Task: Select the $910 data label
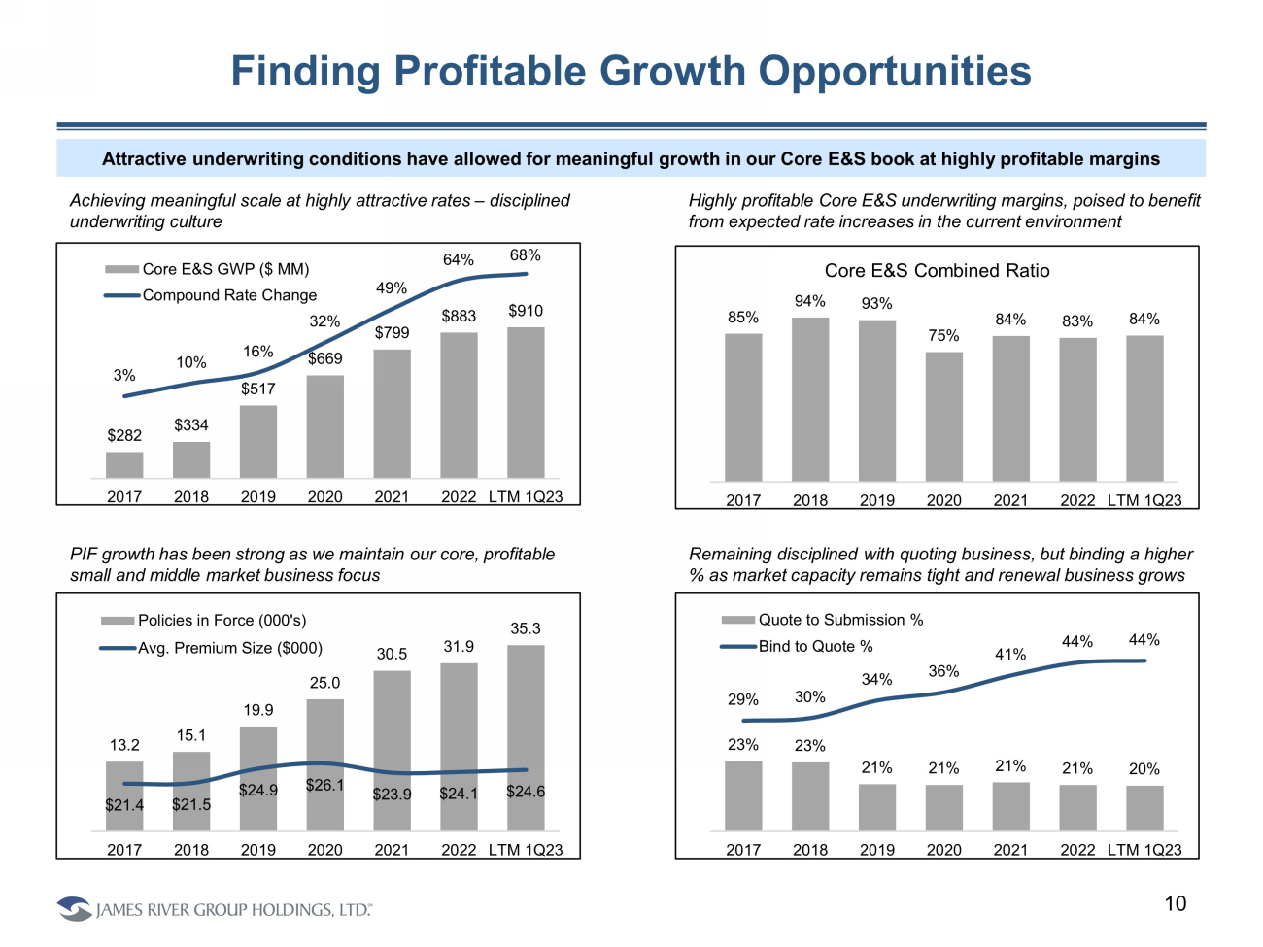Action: click(x=526, y=311)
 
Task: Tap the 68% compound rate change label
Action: click(x=526, y=255)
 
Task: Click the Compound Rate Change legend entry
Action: click(x=229, y=295)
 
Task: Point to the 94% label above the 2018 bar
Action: click(x=809, y=301)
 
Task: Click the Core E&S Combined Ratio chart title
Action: click(x=937, y=271)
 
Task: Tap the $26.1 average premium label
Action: click(x=324, y=785)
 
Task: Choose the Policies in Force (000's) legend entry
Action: click(x=222, y=621)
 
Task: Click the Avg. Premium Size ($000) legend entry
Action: click(x=229, y=648)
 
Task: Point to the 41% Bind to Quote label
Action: click(x=1010, y=655)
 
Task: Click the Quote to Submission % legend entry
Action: click(x=840, y=620)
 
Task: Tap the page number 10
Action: click(x=1176, y=904)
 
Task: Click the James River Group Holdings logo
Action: click(x=214, y=909)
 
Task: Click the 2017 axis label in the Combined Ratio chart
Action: click(x=743, y=500)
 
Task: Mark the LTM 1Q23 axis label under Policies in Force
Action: click(x=526, y=850)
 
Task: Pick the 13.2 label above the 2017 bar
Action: click(x=124, y=745)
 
